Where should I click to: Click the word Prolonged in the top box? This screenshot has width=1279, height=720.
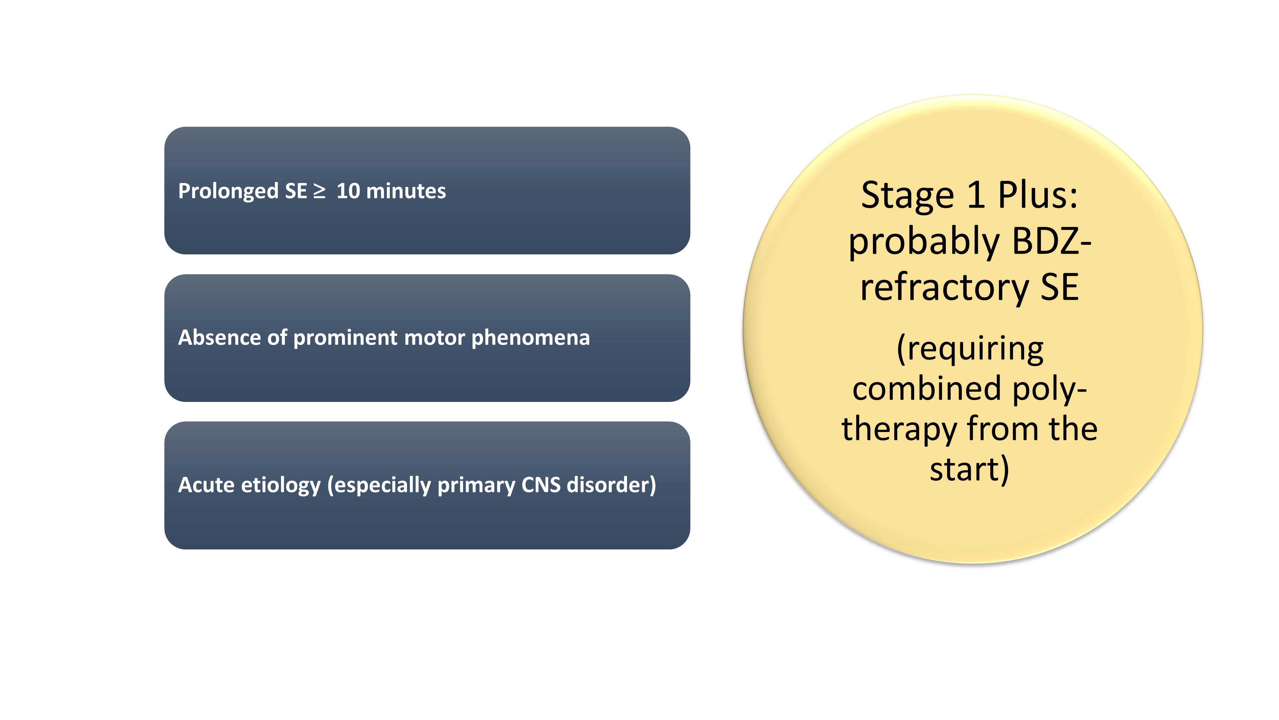click(228, 191)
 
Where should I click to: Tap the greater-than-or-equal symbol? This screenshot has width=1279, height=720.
click(319, 191)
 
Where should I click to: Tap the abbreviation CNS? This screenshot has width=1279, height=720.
click(540, 485)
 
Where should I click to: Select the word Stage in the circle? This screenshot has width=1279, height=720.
click(907, 196)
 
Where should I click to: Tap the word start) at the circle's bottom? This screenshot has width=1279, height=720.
click(969, 469)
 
